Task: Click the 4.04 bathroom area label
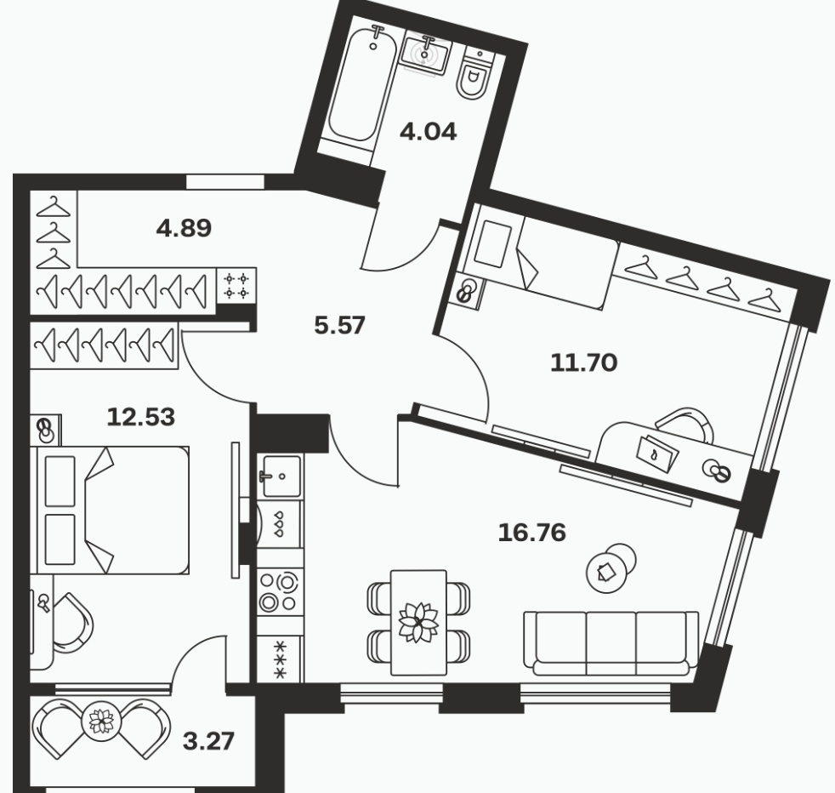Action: pos(429,132)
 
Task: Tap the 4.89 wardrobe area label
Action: pos(184,228)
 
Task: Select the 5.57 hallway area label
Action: pos(340,325)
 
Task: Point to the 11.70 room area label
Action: pos(583,363)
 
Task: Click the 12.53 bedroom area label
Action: pos(140,417)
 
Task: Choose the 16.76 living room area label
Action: pos(531,533)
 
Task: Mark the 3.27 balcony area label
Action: pos(208,741)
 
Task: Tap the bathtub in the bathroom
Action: pos(362,84)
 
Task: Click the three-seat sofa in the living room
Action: pos(611,643)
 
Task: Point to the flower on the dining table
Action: pos(418,623)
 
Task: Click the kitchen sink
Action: pos(280,476)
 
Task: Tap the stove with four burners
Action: pos(280,591)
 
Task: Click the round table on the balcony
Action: pos(101,722)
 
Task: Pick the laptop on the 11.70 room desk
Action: pos(657,454)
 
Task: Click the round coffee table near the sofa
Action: pos(611,568)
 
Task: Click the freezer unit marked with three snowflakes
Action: pos(280,659)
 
